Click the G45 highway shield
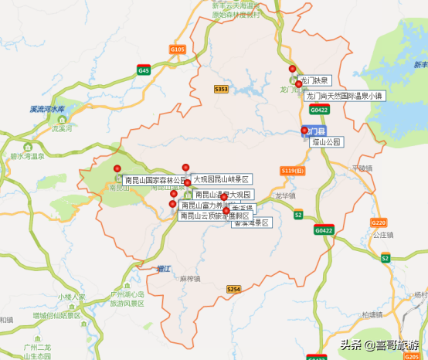(144, 70)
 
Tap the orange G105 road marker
(178, 50)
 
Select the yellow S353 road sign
(221, 90)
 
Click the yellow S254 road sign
(233, 288)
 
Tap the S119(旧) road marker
(293, 170)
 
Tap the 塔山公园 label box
(327, 142)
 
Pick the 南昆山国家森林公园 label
(155, 180)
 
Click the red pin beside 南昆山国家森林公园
(117, 168)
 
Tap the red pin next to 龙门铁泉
(292, 69)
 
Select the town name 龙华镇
(285, 196)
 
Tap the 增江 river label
(162, 268)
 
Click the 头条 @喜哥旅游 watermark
(381, 345)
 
